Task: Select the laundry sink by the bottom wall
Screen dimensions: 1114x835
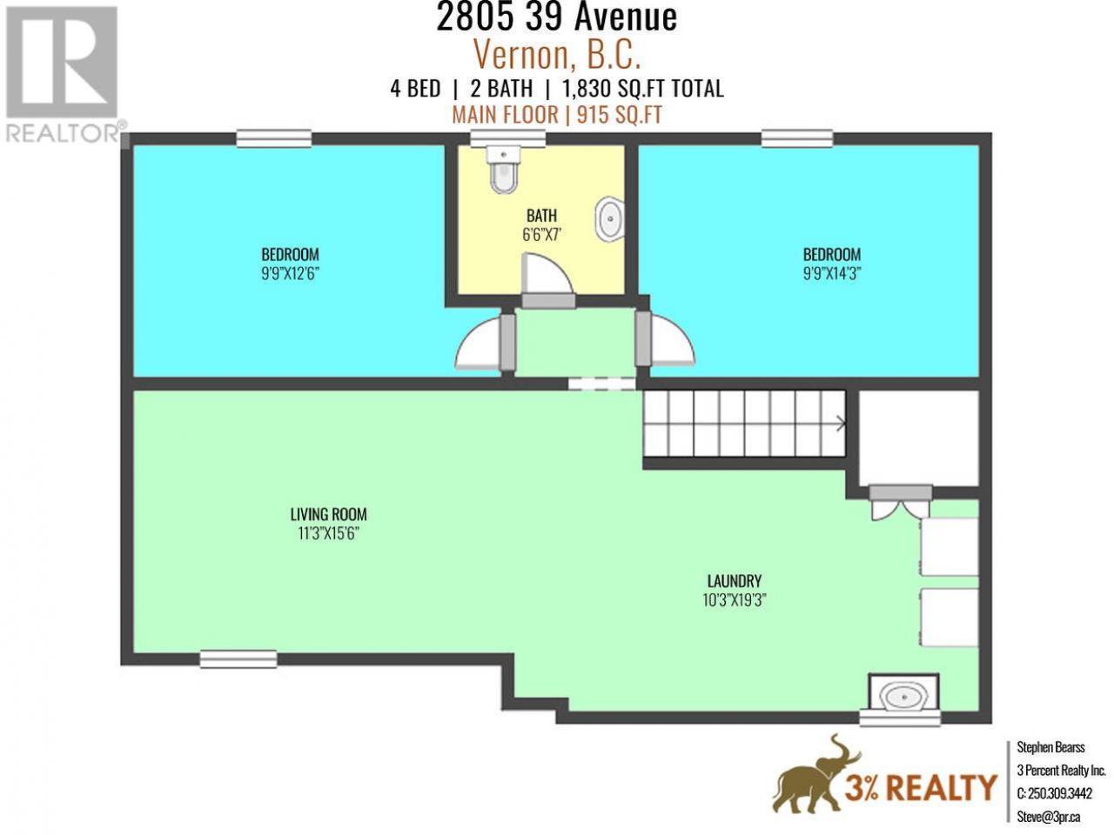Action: [904, 697]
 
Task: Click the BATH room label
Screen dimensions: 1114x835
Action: [541, 216]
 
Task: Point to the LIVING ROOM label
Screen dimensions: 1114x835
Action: [328, 514]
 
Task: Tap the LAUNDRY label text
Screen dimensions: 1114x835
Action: [735, 580]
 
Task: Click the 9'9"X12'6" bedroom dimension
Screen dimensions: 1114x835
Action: [291, 274]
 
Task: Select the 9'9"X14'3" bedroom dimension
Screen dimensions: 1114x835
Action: [832, 274]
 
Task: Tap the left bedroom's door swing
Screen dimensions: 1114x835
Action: [478, 341]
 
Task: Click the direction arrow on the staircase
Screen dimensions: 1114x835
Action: [841, 423]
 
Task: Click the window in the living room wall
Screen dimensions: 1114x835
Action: [238, 659]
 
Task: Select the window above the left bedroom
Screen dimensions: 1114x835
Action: [274, 139]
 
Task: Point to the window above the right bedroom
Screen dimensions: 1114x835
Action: [797, 139]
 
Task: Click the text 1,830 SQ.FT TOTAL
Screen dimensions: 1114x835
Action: [642, 90]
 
